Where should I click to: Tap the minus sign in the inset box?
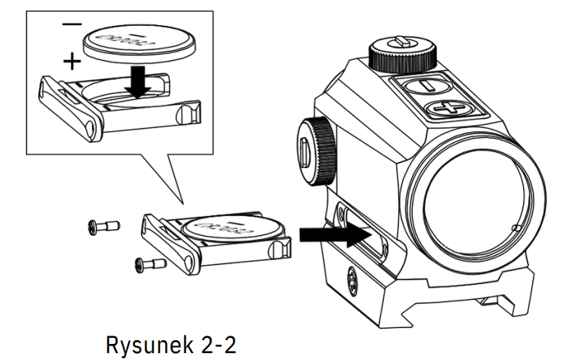pyautogui.click(x=72, y=25)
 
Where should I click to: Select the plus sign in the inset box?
pyautogui.click(x=70, y=60)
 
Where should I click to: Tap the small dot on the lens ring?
pyautogui.click(x=516, y=227)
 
